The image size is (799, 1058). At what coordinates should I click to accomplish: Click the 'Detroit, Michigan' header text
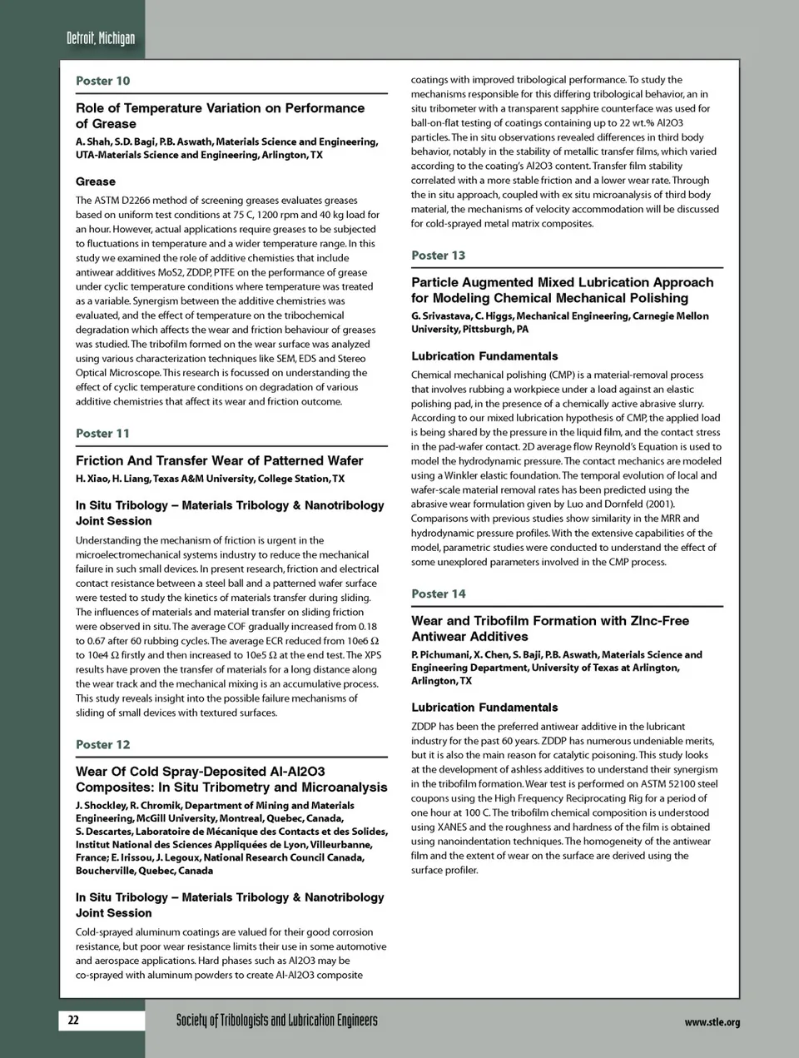click(x=101, y=37)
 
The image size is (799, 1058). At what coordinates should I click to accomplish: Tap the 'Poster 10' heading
click(x=102, y=81)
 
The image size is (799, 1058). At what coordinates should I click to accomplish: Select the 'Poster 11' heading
click(x=102, y=433)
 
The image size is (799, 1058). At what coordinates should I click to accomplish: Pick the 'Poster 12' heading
click(x=102, y=744)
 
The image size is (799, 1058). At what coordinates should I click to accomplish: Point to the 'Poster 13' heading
click(x=438, y=255)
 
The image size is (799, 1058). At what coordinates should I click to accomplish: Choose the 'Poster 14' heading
click(x=438, y=594)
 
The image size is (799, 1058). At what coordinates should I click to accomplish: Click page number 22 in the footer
click(x=73, y=1020)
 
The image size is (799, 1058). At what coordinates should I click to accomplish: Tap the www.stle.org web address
click(x=712, y=1022)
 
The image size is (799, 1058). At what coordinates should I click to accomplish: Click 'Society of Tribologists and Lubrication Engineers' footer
click(x=276, y=1021)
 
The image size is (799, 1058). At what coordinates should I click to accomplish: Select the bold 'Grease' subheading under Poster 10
click(x=96, y=181)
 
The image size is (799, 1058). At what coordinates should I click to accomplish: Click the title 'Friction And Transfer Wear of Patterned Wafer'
click(x=220, y=460)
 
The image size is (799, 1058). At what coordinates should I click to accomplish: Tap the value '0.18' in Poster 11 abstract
click(x=367, y=627)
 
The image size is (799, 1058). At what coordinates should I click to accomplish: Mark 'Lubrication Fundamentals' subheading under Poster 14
click(x=484, y=708)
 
